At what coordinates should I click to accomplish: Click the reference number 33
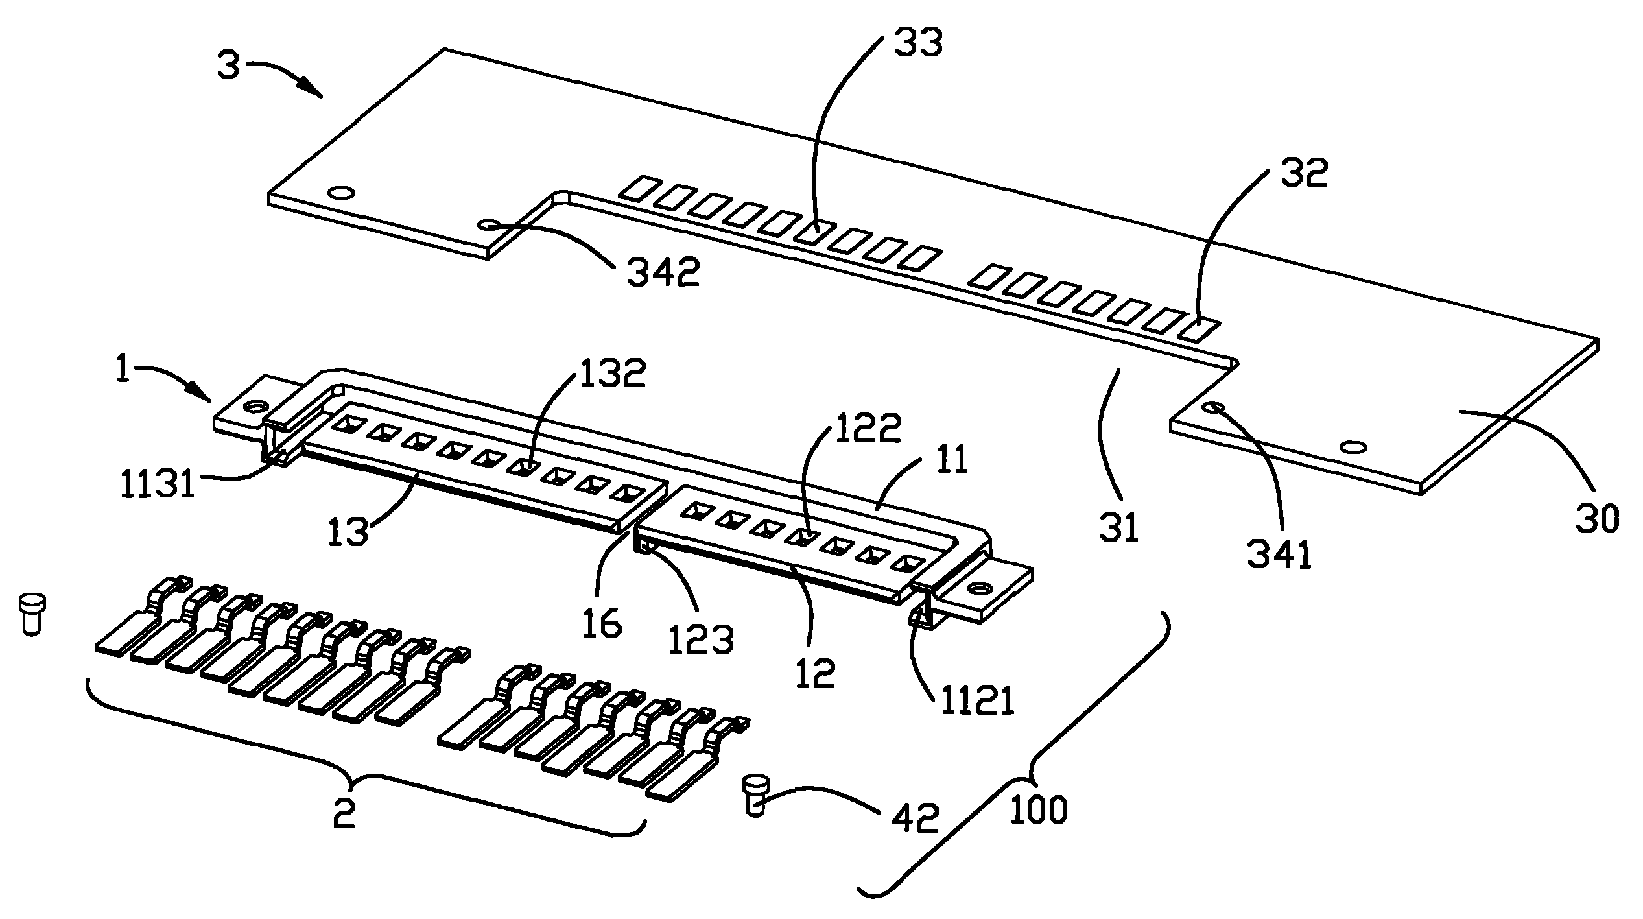918,43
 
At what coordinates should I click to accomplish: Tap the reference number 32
1305,173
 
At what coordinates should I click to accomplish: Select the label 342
663,272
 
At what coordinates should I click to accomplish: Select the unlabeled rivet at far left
31,613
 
